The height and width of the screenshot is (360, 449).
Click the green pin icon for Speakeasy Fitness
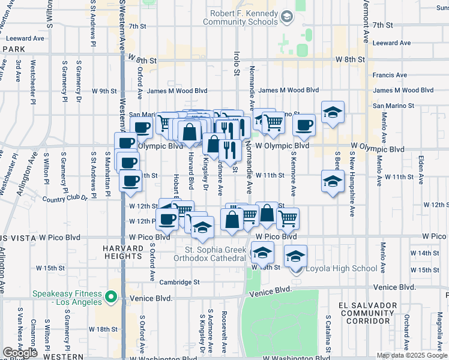coord(110,296)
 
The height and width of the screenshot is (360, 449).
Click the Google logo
coord(20,353)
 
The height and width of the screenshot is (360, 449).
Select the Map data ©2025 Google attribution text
coord(411,355)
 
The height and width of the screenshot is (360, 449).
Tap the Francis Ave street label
coord(390,75)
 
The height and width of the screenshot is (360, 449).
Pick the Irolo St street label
coord(237,63)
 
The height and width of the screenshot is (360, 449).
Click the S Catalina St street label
coord(329,333)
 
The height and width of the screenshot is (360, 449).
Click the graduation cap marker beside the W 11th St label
coord(332,181)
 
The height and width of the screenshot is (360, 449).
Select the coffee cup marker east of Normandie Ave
coord(304,125)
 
